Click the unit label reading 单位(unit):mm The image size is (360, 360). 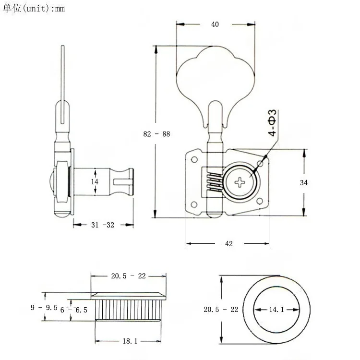34,9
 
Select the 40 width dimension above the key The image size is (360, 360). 215,24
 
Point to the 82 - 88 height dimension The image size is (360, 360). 156,134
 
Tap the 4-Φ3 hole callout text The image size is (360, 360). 272,124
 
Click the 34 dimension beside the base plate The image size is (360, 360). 303,182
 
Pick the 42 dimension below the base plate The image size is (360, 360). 228,244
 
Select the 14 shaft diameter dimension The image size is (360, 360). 95,181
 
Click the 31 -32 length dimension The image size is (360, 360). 103,225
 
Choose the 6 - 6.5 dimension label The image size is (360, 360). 74,310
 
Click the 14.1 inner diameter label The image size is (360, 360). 276,310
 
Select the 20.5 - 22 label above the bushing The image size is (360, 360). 128,276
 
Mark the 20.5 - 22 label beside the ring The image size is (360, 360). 221,310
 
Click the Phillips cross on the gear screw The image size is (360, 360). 240,182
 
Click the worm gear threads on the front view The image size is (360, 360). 213,182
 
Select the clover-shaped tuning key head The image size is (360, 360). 215,77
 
